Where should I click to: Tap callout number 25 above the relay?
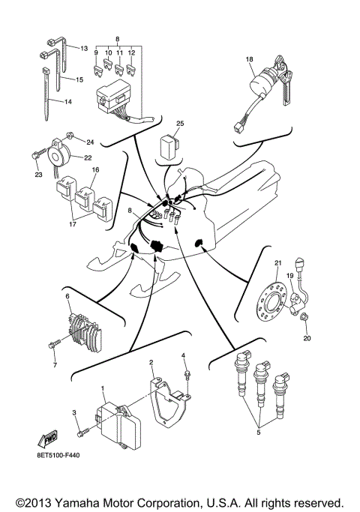click(x=180, y=122)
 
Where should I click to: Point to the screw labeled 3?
click(x=82, y=432)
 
